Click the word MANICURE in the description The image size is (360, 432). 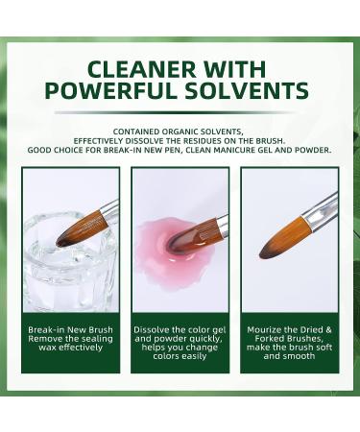(x=229, y=151)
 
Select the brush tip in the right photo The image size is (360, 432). (x=272, y=247)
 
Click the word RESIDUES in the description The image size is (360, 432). (x=221, y=141)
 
